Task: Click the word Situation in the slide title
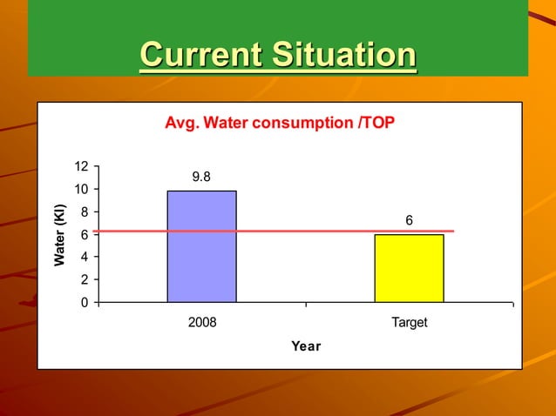pyautogui.click(x=343, y=55)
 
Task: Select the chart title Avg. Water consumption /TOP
pyautogui.click(x=279, y=123)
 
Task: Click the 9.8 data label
pyautogui.click(x=201, y=178)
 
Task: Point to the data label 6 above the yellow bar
pyautogui.click(x=409, y=222)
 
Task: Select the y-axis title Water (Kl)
pyautogui.click(x=59, y=235)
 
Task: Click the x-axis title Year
pyautogui.click(x=306, y=346)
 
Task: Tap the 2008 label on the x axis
pyautogui.click(x=202, y=322)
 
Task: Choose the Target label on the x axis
pyautogui.click(x=409, y=322)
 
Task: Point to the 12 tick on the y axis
pyautogui.click(x=81, y=167)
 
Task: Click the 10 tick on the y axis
pyautogui.click(x=81, y=190)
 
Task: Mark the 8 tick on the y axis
pyautogui.click(x=85, y=212)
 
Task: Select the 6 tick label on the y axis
pyautogui.click(x=85, y=235)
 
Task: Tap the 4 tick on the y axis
pyautogui.click(x=85, y=258)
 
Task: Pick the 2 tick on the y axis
pyautogui.click(x=85, y=280)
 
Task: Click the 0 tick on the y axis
pyautogui.click(x=85, y=303)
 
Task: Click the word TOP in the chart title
pyautogui.click(x=377, y=123)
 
